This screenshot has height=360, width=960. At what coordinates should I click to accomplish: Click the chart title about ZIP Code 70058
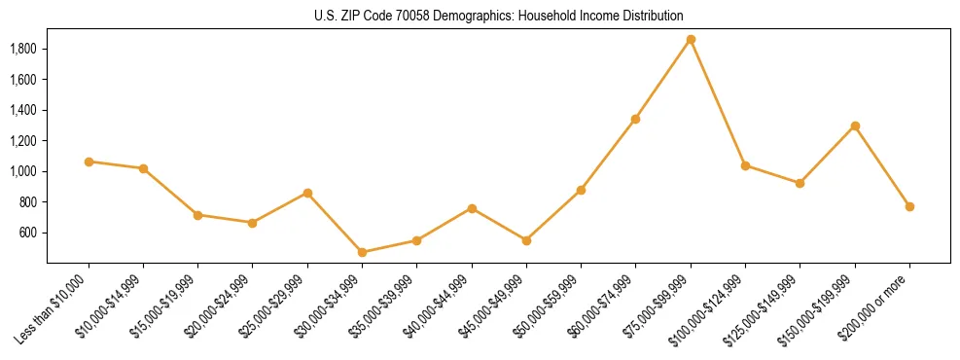click(499, 17)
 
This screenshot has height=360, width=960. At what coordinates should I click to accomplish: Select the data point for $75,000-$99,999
click(691, 40)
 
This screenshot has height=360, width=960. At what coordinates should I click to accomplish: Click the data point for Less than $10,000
click(89, 162)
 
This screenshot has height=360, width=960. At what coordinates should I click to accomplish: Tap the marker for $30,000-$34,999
click(363, 252)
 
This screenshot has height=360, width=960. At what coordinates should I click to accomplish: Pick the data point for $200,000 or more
click(909, 206)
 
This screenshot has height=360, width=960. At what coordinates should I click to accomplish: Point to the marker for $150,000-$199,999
click(855, 126)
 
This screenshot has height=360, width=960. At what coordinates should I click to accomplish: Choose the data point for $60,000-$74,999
click(636, 119)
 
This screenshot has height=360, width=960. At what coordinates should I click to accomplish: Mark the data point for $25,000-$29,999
click(307, 193)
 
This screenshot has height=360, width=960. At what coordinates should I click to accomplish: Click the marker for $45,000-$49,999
click(526, 240)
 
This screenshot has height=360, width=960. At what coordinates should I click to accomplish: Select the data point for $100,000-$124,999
click(745, 165)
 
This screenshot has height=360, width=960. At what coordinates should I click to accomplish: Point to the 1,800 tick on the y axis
click(23, 49)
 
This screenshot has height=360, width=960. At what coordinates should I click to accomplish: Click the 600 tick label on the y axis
click(28, 233)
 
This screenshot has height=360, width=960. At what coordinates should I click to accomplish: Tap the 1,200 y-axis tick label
click(23, 141)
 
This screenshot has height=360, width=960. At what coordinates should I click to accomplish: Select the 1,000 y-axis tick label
click(23, 171)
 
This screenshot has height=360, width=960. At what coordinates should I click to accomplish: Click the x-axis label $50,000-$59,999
click(549, 306)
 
